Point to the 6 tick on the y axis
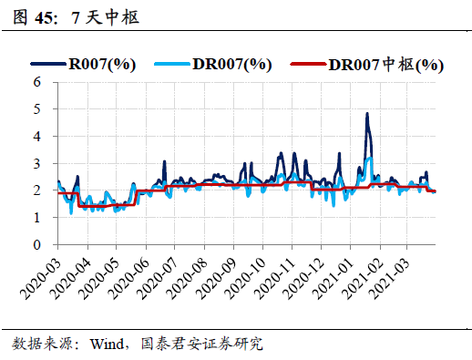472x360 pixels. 36,81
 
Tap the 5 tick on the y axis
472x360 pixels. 36,108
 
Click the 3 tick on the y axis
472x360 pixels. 36,163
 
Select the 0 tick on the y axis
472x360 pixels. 36,245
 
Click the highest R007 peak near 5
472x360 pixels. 366,115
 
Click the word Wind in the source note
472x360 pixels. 107,344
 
